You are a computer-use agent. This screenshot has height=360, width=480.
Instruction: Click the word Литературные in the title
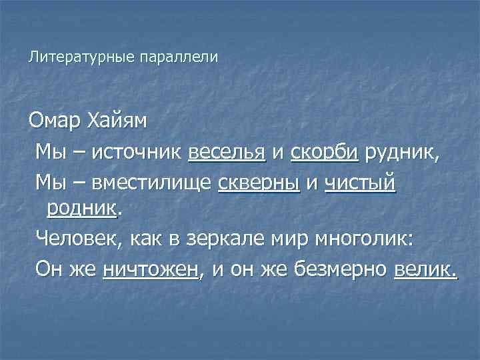coord(81,58)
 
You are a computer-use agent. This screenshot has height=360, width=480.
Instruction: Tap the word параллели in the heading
coord(178,58)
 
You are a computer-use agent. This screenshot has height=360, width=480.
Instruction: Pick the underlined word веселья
coord(227,153)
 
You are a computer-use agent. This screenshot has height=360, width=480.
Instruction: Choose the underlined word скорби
coord(325,153)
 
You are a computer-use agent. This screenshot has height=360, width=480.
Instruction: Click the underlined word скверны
coord(259,181)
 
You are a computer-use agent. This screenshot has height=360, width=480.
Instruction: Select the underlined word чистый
coord(361,181)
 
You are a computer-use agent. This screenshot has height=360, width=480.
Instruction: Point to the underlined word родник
coord(82,208)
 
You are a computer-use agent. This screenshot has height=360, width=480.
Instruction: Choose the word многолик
coord(366,237)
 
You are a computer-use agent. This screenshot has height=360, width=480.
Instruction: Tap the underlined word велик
coord(425,270)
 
